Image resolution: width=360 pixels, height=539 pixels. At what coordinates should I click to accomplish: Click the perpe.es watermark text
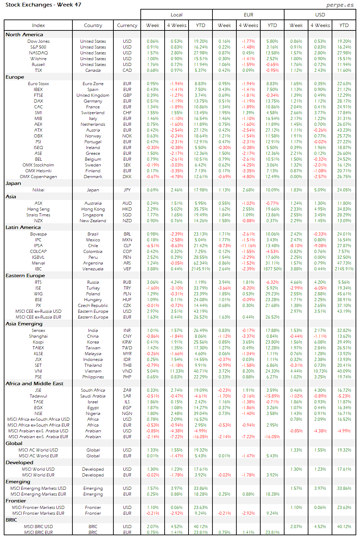tap(340, 5)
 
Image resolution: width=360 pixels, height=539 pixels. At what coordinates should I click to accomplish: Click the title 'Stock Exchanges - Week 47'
tap(43, 5)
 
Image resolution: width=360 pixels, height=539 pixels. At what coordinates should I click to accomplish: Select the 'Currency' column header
tap(127, 25)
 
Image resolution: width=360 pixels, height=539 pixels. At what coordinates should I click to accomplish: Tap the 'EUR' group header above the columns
tap(248, 15)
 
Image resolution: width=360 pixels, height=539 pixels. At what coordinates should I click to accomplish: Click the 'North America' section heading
tap(24, 35)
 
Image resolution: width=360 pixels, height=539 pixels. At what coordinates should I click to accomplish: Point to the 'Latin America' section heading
tap(23, 227)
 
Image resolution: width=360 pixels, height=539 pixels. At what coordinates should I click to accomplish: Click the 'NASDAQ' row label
tap(38, 53)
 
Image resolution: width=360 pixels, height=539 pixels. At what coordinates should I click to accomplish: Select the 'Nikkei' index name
tap(38, 190)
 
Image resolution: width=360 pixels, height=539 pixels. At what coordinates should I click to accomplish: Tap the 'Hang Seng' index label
tap(38, 209)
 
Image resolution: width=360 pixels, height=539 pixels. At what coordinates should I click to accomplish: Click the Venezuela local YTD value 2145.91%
tap(200, 269)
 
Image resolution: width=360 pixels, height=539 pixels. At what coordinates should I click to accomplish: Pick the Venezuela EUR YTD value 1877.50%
tap(272, 269)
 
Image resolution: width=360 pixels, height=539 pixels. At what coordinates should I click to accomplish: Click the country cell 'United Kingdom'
tap(93, 95)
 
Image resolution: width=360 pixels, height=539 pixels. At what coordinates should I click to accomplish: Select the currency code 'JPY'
tap(127, 190)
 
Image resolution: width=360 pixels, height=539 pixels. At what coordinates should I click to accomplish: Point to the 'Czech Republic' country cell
tap(93, 306)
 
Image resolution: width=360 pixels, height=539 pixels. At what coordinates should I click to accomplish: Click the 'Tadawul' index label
tap(38, 396)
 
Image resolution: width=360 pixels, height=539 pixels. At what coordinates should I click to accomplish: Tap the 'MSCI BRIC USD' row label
tap(38, 527)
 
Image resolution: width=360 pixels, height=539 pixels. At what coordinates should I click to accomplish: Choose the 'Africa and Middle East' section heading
tap(34, 383)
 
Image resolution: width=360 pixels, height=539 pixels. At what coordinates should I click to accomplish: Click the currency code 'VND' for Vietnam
tap(127, 371)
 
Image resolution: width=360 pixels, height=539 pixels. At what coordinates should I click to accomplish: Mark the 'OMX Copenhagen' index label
tap(38, 177)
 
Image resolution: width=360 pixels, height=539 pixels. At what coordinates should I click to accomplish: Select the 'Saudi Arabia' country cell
tap(93, 396)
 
